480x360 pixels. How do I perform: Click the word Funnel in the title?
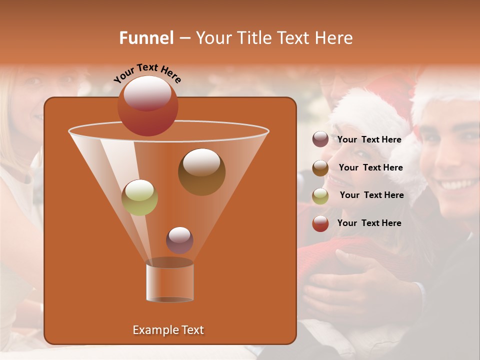147,38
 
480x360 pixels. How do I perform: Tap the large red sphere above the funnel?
148,106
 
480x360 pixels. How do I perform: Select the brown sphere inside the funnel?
201,172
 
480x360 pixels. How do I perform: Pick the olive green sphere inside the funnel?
140,197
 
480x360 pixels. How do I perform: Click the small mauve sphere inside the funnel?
179,240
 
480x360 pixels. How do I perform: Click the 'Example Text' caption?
168,330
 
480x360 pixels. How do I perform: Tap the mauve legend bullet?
320,139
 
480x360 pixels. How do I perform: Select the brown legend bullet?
320,168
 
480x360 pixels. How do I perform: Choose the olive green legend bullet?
320,196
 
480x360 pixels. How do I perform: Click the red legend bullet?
320,223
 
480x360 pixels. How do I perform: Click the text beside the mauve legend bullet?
369,139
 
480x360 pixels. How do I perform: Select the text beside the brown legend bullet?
370,167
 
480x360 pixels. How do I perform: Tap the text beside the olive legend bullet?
371,195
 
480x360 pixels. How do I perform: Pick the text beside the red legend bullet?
369,223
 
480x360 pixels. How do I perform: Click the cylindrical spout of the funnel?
170,282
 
